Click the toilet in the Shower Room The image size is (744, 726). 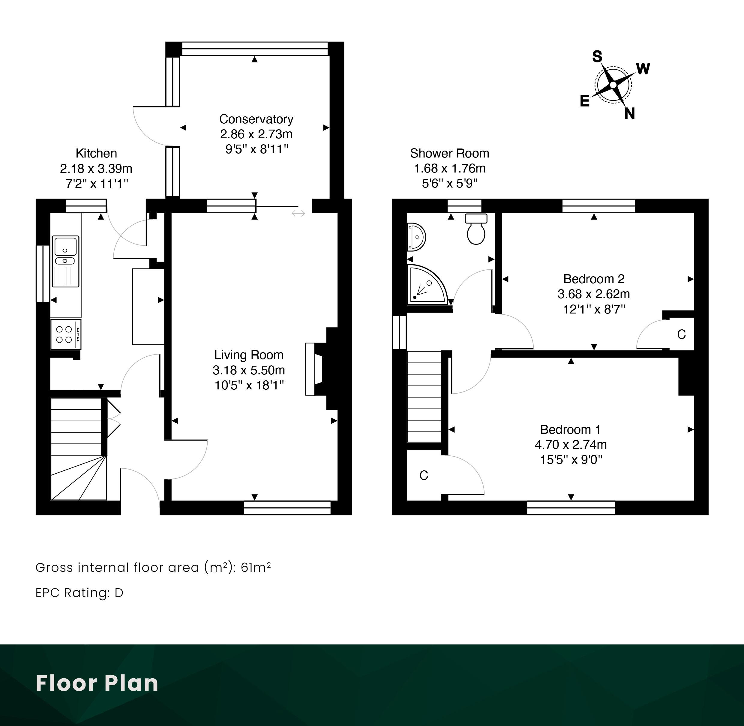pyautogui.click(x=476, y=229)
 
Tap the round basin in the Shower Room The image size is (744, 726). pyautogui.click(x=416, y=237)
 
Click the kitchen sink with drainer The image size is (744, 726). pyautogui.click(x=66, y=261)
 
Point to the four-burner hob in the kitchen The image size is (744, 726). pyautogui.click(x=66, y=334)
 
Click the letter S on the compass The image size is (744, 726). pyautogui.click(x=597, y=56)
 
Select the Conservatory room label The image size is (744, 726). pyautogui.click(x=256, y=119)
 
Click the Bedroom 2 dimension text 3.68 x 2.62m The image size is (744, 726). pyautogui.click(x=594, y=294)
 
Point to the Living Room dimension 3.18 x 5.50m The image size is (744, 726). pyautogui.click(x=249, y=370)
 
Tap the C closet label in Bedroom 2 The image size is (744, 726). pyautogui.click(x=682, y=334)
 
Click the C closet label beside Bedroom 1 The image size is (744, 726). pyautogui.click(x=424, y=475)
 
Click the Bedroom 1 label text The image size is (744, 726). pyautogui.click(x=571, y=430)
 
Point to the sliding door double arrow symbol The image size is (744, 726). pyautogui.click(x=298, y=213)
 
